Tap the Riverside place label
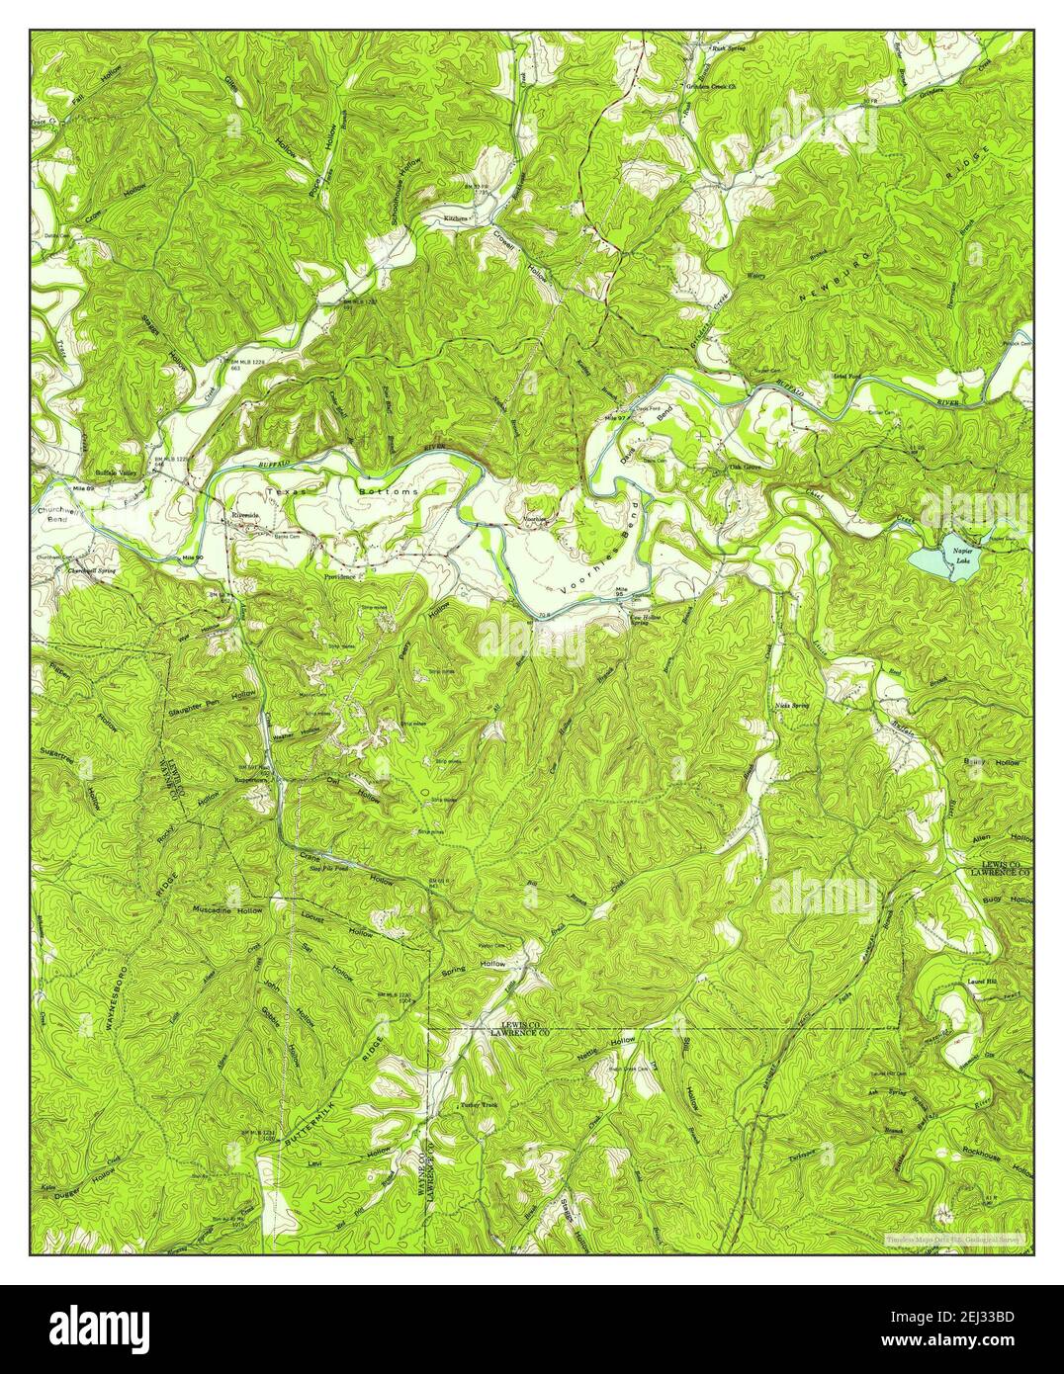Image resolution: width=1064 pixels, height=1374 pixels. [x=244, y=515]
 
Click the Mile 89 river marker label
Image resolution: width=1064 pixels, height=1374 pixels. [x=51, y=488]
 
